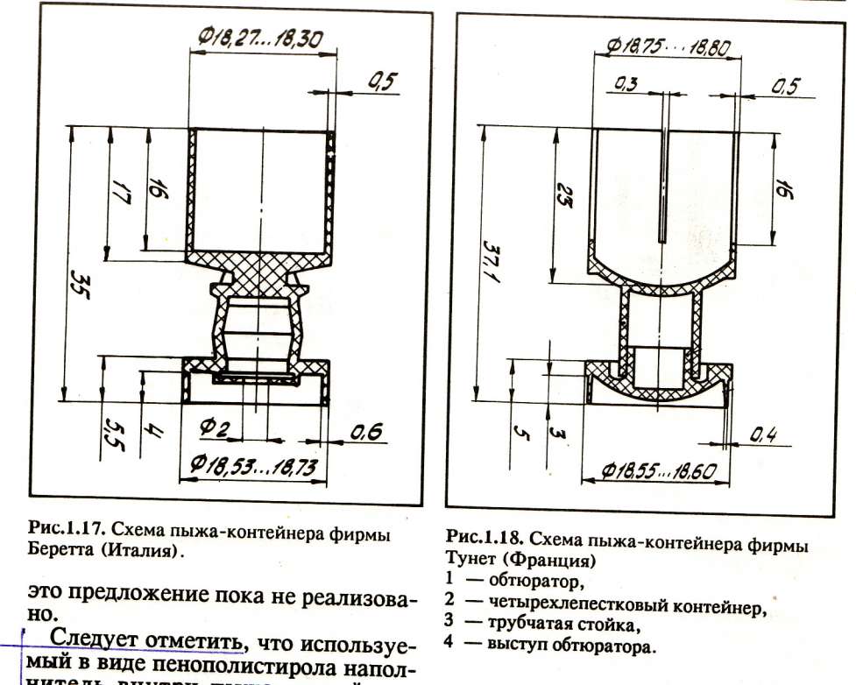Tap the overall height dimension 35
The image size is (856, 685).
coord(80,282)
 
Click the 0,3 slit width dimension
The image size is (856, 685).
coord(626,85)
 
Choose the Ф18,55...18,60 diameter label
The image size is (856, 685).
coord(660,471)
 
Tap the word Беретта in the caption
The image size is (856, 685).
coord(63,550)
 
